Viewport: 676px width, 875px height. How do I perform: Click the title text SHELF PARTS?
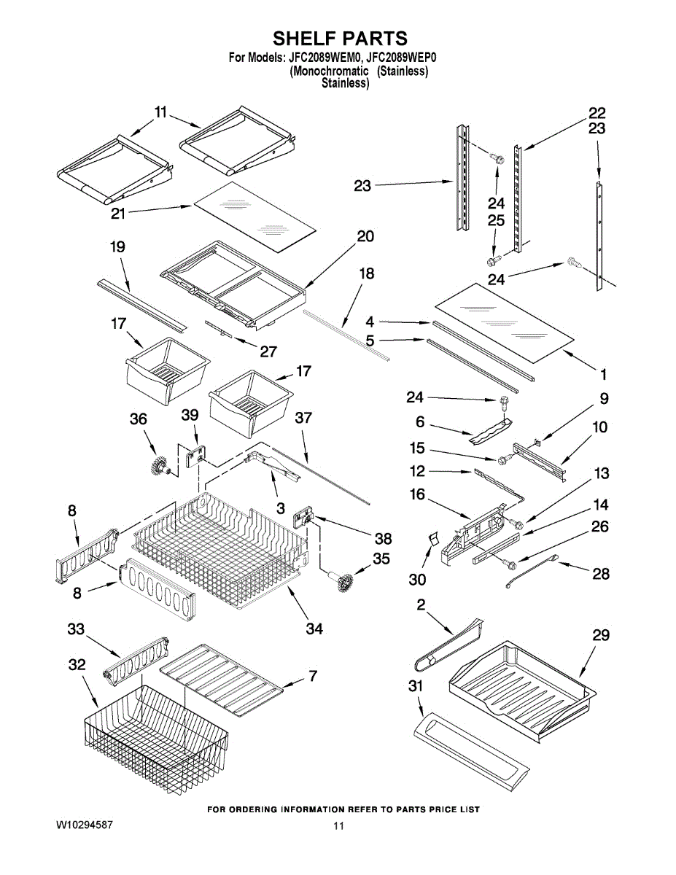click(341, 39)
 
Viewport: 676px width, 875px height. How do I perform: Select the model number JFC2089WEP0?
click(401, 58)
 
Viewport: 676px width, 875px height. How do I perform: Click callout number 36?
click(138, 419)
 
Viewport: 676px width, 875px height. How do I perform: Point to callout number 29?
click(601, 635)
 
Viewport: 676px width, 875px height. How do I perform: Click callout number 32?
click(77, 665)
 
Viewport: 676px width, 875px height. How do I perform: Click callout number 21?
click(118, 214)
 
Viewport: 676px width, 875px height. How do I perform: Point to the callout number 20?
click(365, 236)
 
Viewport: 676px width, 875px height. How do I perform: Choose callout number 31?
click(416, 685)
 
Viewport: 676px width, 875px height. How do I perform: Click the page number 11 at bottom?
click(338, 857)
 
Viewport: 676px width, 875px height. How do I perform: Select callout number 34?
click(314, 628)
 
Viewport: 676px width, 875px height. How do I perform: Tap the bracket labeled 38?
click(303, 518)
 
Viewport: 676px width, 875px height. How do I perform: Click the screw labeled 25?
click(494, 260)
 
